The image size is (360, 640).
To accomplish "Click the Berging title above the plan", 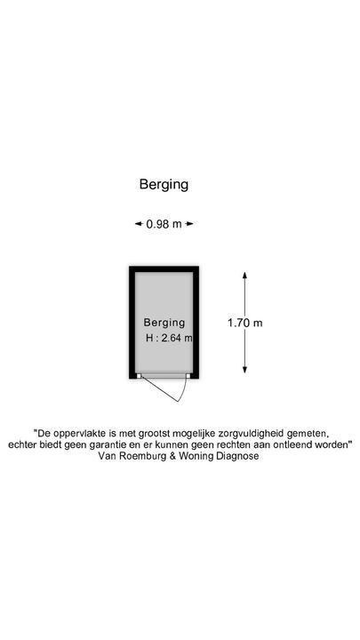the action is point(164,185).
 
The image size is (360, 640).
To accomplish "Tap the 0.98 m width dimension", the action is point(164,224).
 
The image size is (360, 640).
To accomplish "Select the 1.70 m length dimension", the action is point(245,323).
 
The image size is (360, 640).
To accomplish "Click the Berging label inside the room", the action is point(164,323).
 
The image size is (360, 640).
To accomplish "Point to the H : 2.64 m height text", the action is point(169,338).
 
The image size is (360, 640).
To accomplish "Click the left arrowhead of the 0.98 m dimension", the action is point(139,224).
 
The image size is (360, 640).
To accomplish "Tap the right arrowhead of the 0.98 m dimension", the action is point(189,224).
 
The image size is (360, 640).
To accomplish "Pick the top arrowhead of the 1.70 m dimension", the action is point(245,276).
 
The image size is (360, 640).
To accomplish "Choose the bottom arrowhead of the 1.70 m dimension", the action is point(245,370).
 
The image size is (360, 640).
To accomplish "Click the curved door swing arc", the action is point(185,389).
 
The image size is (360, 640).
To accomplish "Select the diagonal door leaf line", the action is point(160,389).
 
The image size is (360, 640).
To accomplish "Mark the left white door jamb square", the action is point(139,375).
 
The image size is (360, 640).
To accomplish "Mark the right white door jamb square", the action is point(188,375).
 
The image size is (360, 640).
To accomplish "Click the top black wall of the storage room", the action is point(164,269).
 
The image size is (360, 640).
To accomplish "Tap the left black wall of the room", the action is point(132,323).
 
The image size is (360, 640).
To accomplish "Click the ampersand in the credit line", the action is point(173,456).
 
